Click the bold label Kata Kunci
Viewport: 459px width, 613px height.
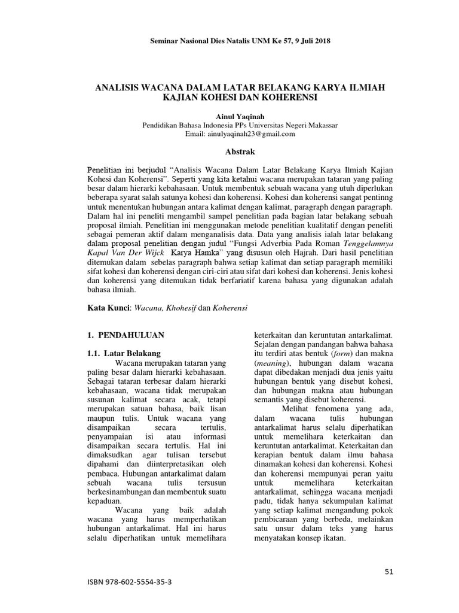point(108,307)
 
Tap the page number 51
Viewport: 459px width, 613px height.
point(389,572)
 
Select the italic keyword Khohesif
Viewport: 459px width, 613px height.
point(177,307)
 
